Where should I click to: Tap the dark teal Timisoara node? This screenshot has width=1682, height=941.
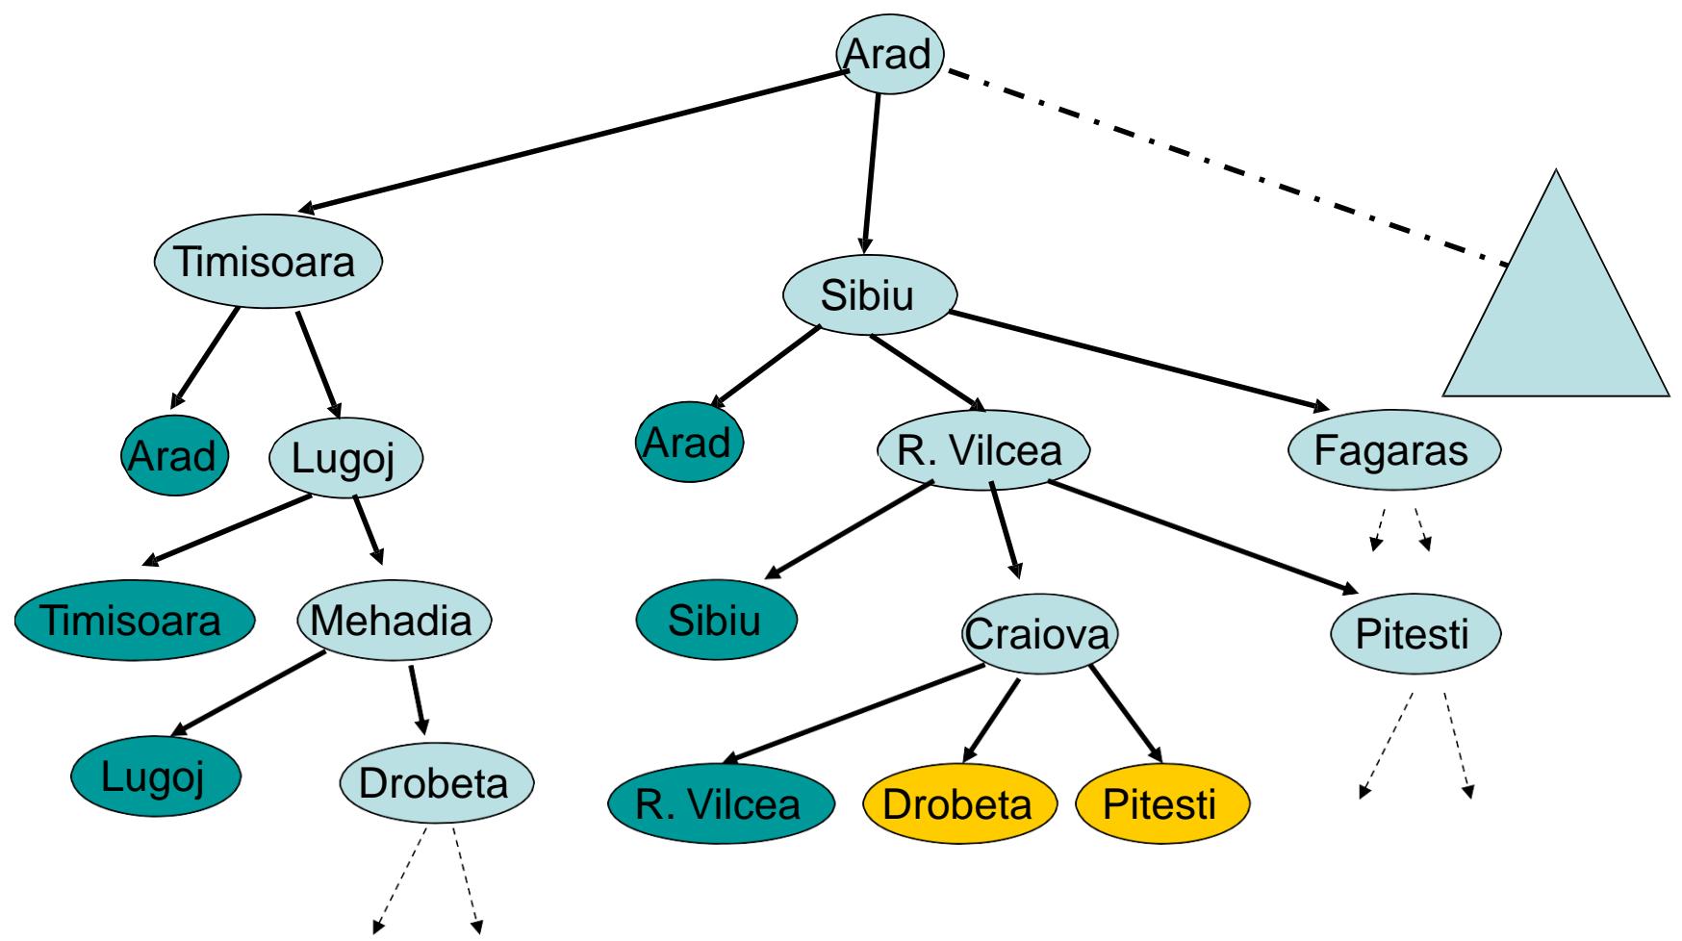(134, 621)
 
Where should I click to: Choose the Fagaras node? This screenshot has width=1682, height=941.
(1392, 450)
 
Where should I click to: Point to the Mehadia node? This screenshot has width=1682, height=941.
(393, 622)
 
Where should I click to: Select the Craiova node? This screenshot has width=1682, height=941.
(1040, 634)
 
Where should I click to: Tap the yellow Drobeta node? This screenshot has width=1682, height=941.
(957, 803)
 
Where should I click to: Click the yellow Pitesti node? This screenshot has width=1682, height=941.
(1160, 803)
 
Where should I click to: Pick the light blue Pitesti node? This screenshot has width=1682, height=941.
(1412, 635)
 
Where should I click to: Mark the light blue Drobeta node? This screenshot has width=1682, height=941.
(434, 782)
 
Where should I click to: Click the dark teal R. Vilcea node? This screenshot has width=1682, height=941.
(720, 803)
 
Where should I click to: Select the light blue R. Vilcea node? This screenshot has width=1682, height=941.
(983, 450)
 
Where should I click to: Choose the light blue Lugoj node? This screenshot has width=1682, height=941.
(344, 458)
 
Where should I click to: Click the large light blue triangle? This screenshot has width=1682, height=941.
(1557, 318)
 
